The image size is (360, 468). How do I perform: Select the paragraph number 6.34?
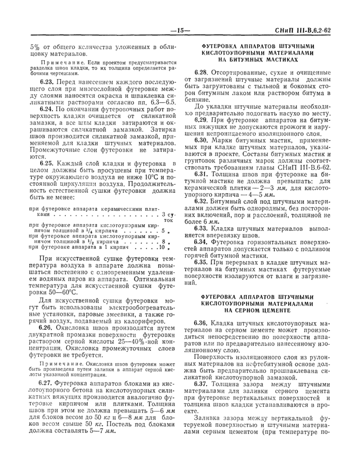click(202, 241)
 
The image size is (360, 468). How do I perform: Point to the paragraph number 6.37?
click(202, 384)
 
